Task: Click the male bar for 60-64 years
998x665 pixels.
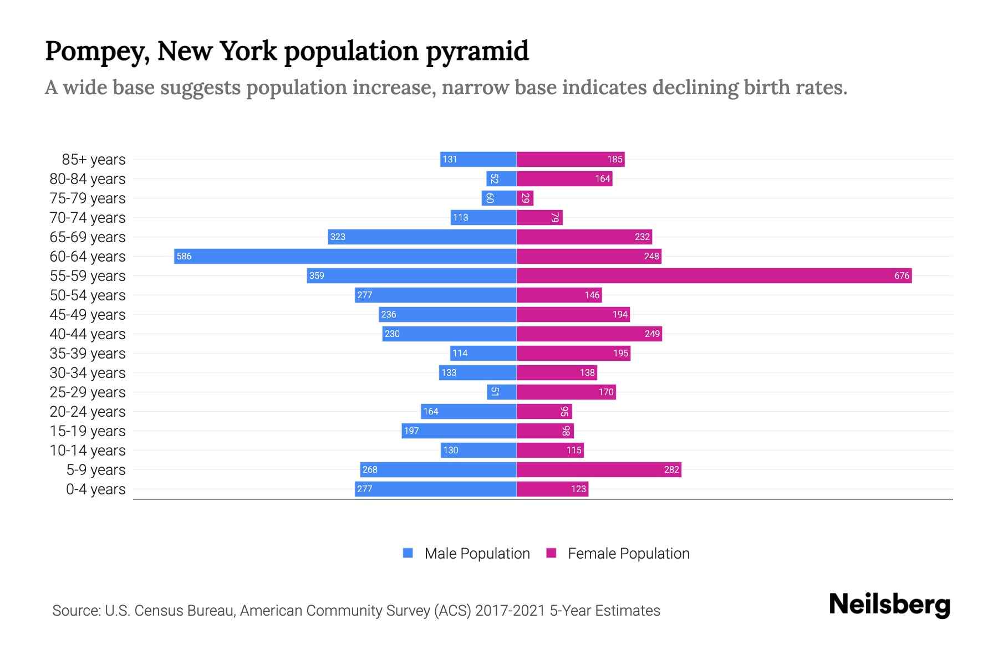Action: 345,256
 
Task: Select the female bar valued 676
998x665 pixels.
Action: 714,275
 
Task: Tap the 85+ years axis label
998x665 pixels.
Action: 93,160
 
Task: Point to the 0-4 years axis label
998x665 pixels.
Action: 95,489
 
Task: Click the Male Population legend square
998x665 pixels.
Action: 408,553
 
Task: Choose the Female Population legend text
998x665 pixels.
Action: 628,554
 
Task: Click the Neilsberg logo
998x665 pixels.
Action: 889,605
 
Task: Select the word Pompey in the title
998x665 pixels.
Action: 96,51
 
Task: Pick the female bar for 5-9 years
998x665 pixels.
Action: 599,469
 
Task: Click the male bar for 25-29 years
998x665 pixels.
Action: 502,392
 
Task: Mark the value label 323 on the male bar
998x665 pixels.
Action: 338,237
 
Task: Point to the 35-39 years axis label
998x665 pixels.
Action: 88,354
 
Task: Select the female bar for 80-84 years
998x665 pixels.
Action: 564,178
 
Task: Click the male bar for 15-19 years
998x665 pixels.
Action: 459,431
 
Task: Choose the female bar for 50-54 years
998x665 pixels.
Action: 559,295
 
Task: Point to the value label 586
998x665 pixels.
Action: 184,256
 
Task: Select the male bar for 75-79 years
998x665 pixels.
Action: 499,198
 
